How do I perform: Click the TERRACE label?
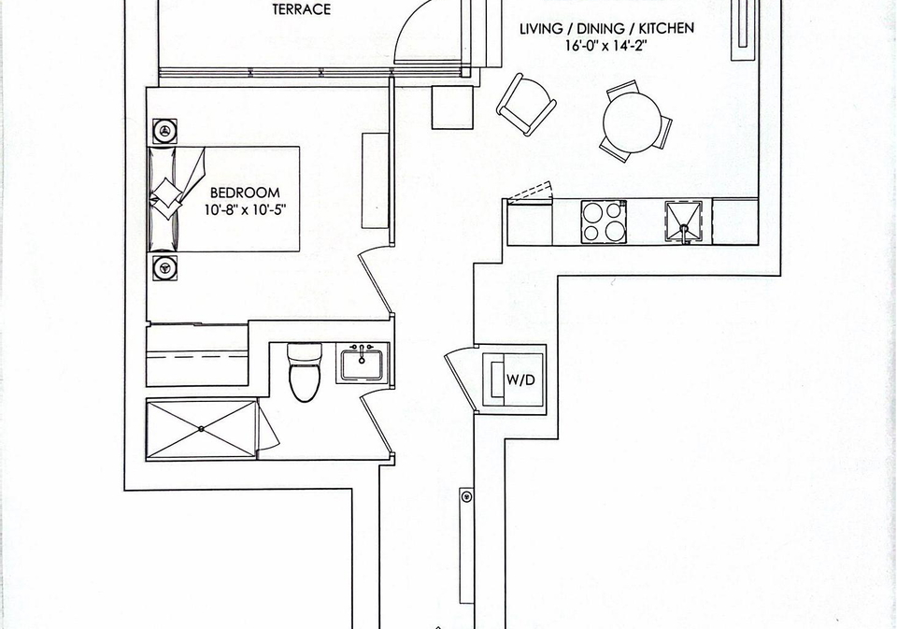tap(302, 9)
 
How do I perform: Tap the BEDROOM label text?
tap(245, 193)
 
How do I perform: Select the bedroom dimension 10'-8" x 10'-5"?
tap(245, 210)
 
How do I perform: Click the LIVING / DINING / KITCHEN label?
tap(606, 29)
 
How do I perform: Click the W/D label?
tap(520, 379)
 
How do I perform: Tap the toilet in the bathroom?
tap(305, 372)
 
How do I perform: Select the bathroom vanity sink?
tap(363, 364)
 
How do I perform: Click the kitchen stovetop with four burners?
tap(604, 222)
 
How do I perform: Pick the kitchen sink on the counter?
tap(684, 222)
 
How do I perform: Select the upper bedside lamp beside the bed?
tap(164, 131)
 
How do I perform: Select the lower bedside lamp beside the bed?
tap(164, 268)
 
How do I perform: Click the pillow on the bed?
tap(166, 198)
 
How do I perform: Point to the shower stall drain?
tap(202, 429)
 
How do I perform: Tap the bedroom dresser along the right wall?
tap(376, 181)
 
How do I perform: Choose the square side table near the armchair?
tap(452, 107)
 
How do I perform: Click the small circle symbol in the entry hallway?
tap(467, 497)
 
